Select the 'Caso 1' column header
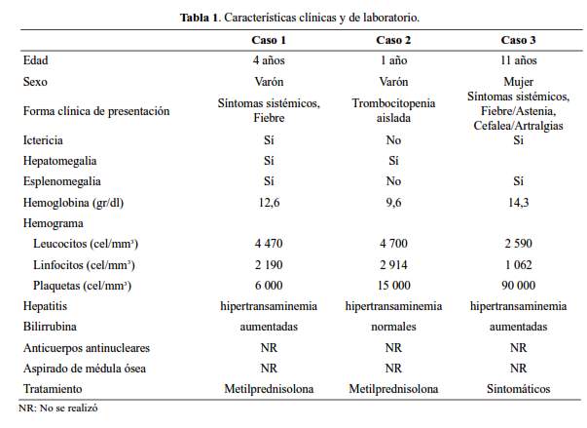pos(269,39)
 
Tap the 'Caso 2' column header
pos(393,39)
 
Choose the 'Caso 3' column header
pos(518,39)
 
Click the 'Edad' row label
pos(35,60)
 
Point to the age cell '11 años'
pos(518,60)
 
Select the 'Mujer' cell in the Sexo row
pos(518,83)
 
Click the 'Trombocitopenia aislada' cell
pos(393,110)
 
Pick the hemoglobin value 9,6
pos(393,202)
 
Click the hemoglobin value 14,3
pos(518,202)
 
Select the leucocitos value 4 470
pos(269,244)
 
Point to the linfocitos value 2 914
pos(393,264)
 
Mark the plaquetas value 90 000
pos(518,285)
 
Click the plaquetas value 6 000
pos(269,285)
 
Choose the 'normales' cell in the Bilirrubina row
pos(393,327)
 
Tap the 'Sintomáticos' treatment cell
pos(518,388)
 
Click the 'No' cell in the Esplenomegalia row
pos(393,181)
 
